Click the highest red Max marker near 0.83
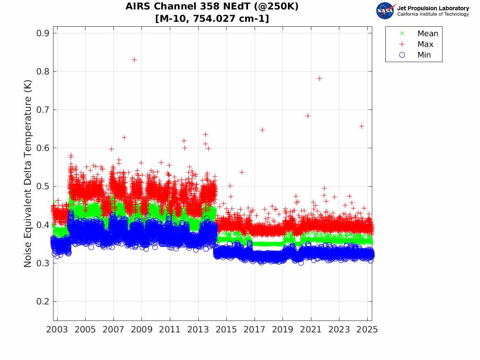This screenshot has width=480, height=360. coord(134,60)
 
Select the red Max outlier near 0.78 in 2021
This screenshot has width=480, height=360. coord(320,78)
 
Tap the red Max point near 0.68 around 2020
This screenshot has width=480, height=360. coord(308,116)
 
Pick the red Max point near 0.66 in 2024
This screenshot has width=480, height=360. coord(362,126)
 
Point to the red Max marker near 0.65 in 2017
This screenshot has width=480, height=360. coord(262,130)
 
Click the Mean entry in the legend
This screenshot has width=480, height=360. coord(427,34)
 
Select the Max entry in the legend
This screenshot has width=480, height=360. coord(425,44)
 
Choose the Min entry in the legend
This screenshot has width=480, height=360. coord(424,55)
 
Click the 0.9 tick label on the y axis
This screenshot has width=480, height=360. coord(42,33)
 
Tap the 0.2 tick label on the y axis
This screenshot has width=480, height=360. coord(42,302)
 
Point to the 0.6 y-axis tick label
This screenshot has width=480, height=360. coord(42,148)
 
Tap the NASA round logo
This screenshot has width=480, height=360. coord(385,11)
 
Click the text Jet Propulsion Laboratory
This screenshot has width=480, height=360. coord(433,8)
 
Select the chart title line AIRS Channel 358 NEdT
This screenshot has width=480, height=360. coord(212,7)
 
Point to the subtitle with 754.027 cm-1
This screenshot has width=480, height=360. coord(212,19)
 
